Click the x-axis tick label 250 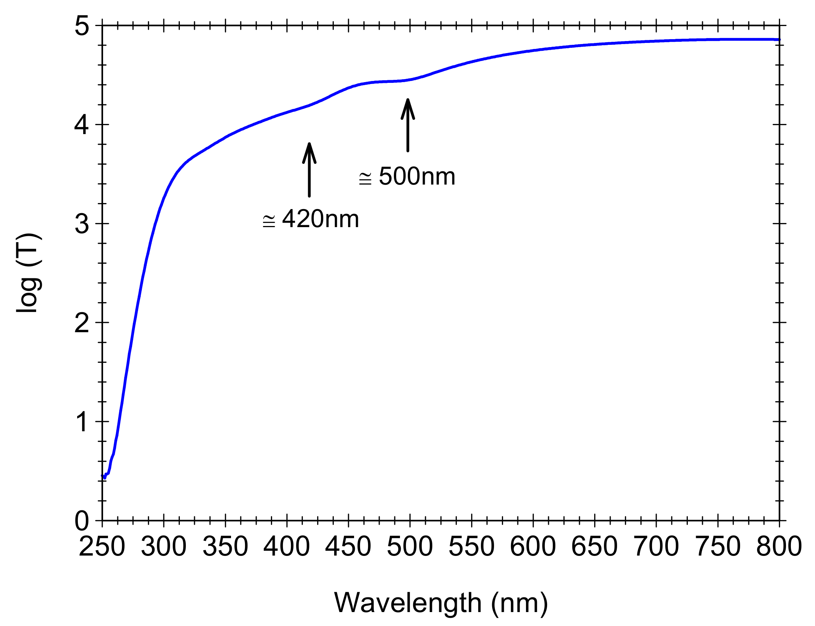(x=102, y=547)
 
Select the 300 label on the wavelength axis (x=164, y=547)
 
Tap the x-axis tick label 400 (x=287, y=547)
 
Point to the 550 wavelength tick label (x=471, y=547)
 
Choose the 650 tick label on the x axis (x=594, y=547)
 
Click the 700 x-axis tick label (x=656, y=547)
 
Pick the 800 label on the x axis (x=779, y=547)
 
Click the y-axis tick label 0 (x=82, y=521)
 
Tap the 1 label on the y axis (x=82, y=422)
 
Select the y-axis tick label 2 (x=82, y=323)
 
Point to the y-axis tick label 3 (x=82, y=224)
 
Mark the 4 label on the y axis (x=82, y=125)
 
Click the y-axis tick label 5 (x=82, y=26)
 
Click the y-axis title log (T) (x=28, y=273)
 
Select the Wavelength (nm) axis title (x=441, y=603)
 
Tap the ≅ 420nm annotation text (x=311, y=219)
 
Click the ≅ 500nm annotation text (x=407, y=176)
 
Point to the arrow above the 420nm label (x=309, y=169)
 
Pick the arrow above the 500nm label (x=407, y=125)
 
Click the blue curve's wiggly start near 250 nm (x=105, y=475)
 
